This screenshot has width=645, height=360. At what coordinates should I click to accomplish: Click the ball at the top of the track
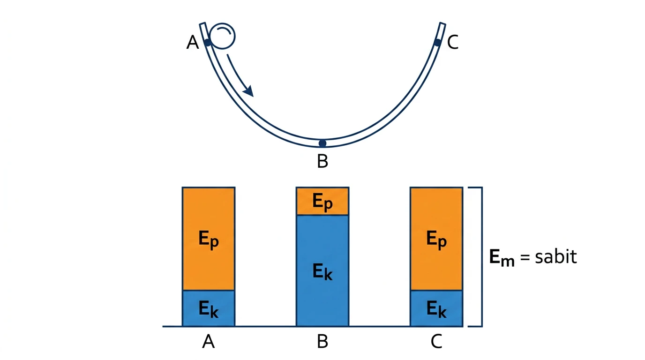[x=222, y=36]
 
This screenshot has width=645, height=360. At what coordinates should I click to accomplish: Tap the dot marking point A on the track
[x=208, y=43]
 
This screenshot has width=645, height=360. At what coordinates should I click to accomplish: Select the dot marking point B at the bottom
[x=322, y=143]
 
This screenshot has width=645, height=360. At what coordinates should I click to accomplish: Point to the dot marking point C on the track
[x=437, y=43]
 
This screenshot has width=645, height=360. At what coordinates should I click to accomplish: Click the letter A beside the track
[x=193, y=42]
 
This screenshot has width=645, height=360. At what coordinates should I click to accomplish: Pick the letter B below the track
[x=322, y=161]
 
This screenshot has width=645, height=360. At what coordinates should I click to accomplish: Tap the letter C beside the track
[x=453, y=42]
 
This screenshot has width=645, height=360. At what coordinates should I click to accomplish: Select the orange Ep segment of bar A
[x=209, y=239]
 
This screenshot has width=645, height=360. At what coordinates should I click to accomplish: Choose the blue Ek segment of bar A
[x=209, y=308]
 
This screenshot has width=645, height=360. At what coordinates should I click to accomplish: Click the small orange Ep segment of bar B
[x=322, y=201]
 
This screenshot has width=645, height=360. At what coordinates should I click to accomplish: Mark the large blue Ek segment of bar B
[x=322, y=271]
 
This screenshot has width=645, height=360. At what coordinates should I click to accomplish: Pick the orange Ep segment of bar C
[x=436, y=239]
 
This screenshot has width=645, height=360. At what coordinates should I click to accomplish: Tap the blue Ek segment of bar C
[x=436, y=308]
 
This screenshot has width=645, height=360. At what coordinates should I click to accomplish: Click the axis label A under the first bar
[x=209, y=342]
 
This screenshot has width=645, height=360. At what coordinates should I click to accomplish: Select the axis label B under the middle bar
[x=322, y=342]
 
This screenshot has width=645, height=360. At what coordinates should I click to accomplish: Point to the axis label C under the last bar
[x=436, y=342]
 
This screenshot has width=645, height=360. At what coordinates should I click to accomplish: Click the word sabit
[x=556, y=256]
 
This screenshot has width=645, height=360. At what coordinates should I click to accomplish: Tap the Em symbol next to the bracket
[x=502, y=258]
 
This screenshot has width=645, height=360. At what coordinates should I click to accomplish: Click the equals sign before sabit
[x=525, y=257]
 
